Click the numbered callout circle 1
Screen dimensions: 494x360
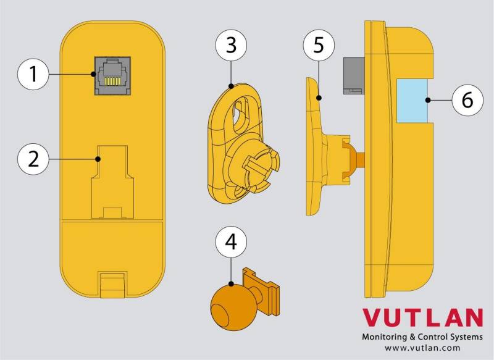point(33,75)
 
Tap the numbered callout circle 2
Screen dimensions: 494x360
point(33,159)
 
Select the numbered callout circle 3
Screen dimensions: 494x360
point(231,45)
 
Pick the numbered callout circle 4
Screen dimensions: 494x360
point(231,242)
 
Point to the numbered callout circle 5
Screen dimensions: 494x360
point(319,45)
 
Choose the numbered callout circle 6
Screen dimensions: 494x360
point(467,100)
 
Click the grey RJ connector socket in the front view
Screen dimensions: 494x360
point(112,75)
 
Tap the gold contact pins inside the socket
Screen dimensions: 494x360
point(112,82)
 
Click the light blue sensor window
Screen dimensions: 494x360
point(412,101)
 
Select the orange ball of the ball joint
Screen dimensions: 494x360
point(226,308)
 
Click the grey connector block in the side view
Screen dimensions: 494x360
point(354,76)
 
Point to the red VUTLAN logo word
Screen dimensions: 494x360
point(422,317)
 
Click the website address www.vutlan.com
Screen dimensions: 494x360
point(422,348)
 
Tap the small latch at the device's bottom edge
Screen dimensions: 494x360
point(112,285)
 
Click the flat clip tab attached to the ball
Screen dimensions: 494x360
point(261,291)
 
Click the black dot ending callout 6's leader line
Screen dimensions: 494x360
point(428,100)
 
